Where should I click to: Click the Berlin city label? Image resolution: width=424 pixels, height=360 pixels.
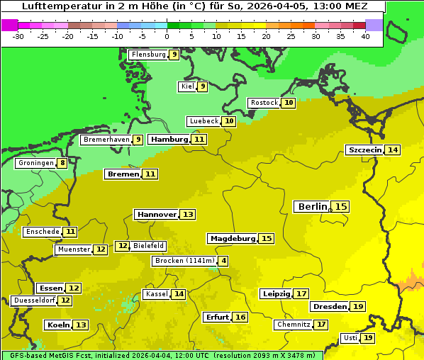click(312, 206)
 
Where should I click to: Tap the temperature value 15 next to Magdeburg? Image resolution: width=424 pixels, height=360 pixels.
click(266, 238)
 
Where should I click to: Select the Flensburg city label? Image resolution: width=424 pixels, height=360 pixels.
click(148, 54)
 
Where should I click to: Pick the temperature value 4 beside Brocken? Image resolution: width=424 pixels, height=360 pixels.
click(223, 261)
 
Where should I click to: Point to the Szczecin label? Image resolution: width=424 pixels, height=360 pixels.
click(364, 150)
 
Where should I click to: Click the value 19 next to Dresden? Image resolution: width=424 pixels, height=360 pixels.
click(358, 306)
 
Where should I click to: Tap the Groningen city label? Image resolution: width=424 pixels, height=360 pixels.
click(35, 163)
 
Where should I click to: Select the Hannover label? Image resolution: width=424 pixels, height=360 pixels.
click(156, 214)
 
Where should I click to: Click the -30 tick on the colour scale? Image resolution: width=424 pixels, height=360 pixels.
click(18, 35)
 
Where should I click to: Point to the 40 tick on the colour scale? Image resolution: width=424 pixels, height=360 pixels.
click(365, 35)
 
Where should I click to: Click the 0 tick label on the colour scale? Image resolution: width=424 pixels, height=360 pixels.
click(167, 35)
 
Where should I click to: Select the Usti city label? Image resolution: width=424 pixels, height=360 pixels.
click(350, 338)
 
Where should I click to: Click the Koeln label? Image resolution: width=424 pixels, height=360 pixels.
click(57, 325)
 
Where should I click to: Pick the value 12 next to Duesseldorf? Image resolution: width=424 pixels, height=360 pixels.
click(65, 300)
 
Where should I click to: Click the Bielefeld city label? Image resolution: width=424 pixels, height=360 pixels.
click(148, 246)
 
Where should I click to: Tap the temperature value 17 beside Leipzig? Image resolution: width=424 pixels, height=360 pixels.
click(301, 293)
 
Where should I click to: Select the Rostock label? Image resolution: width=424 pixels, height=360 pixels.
click(264, 103)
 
